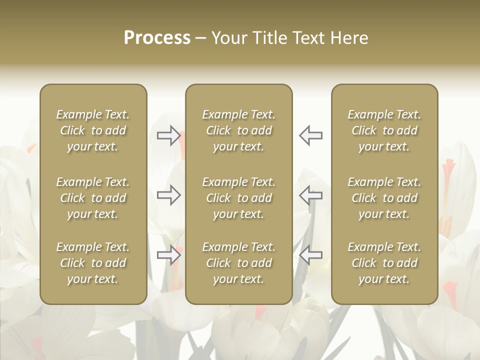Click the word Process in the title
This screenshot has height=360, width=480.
point(157,38)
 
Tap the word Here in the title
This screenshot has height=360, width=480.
point(350,38)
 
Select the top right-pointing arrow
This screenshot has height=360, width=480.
point(169,135)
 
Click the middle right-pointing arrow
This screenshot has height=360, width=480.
point(169,195)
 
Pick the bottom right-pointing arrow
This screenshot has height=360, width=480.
point(169,255)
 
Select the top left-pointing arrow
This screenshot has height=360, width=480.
point(310,135)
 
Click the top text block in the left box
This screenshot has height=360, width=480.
point(93,130)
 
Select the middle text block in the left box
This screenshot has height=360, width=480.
point(93,198)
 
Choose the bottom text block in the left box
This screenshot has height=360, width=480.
point(93,263)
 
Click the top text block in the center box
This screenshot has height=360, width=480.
point(238,130)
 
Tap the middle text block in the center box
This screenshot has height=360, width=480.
point(238,198)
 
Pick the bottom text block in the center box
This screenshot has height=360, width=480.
point(238,263)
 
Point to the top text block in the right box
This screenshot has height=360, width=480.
point(384,130)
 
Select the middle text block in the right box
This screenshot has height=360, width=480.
point(384,198)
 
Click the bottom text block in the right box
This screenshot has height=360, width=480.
point(384,263)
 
